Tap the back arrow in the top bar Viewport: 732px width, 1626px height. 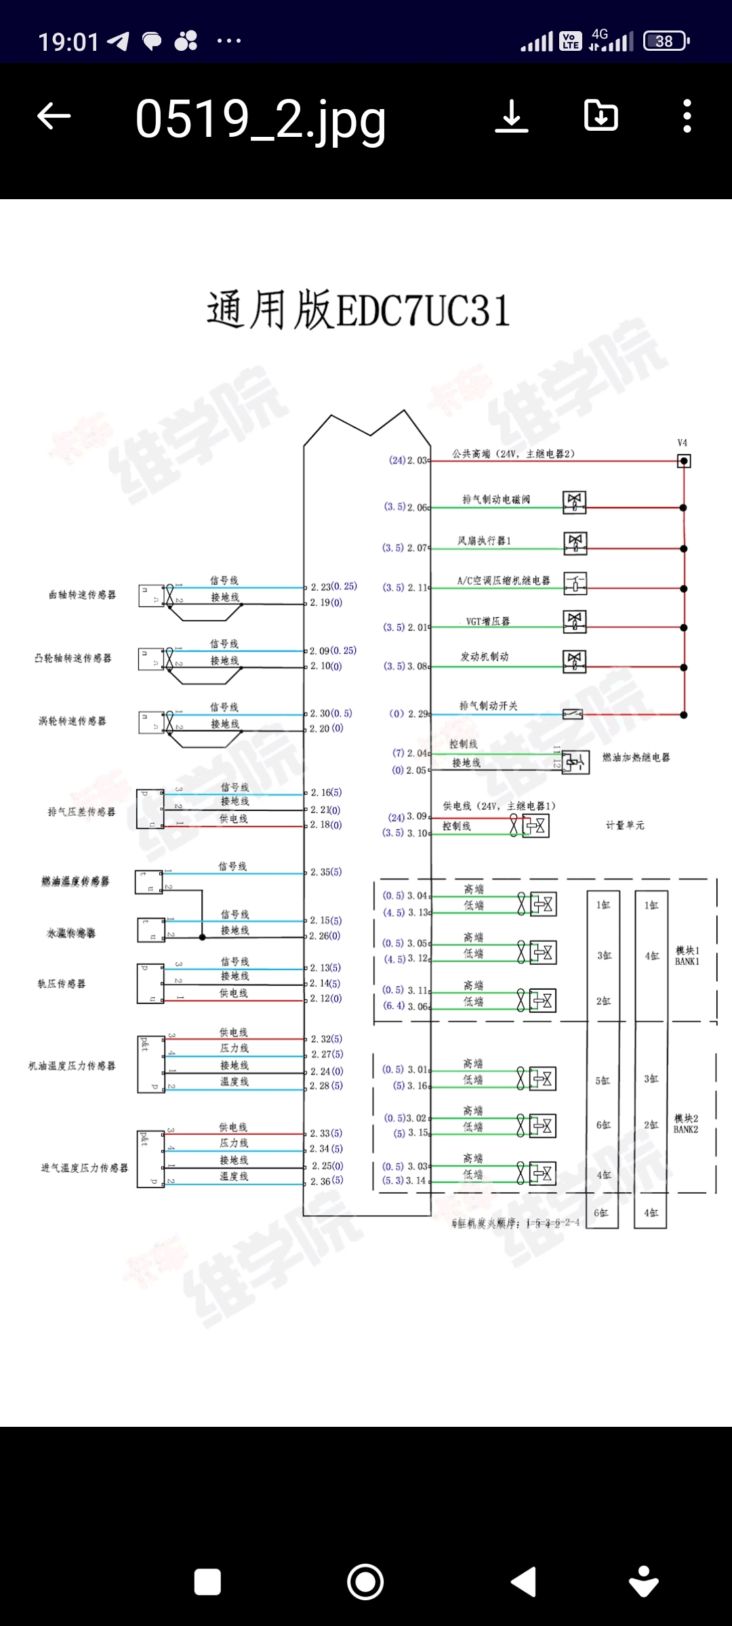tap(54, 116)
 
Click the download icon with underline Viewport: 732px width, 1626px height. tap(512, 116)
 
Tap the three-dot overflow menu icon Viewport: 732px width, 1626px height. tap(687, 116)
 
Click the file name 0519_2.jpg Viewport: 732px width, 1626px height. tap(260, 119)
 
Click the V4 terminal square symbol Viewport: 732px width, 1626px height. tap(684, 461)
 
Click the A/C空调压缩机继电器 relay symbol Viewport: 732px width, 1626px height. tap(575, 583)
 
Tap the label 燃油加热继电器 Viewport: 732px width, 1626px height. tap(636, 757)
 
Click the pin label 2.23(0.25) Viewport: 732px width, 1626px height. tap(333, 587)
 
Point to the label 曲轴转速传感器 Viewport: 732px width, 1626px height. tap(82, 595)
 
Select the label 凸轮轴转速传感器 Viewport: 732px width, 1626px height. tap(73, 658)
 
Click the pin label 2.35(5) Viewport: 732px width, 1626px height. tap(326, 872)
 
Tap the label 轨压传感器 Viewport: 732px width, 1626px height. tap(61, 984)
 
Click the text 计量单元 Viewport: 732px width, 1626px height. tap(625, 825)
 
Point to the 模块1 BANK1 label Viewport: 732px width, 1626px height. tap(687, 956)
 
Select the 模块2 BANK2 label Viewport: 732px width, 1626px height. tap(686, 1124)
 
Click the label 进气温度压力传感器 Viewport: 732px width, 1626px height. tap(84, 1168)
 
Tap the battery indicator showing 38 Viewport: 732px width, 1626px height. tap(666, 41)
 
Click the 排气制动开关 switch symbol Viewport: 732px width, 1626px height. tap(573, 714)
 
